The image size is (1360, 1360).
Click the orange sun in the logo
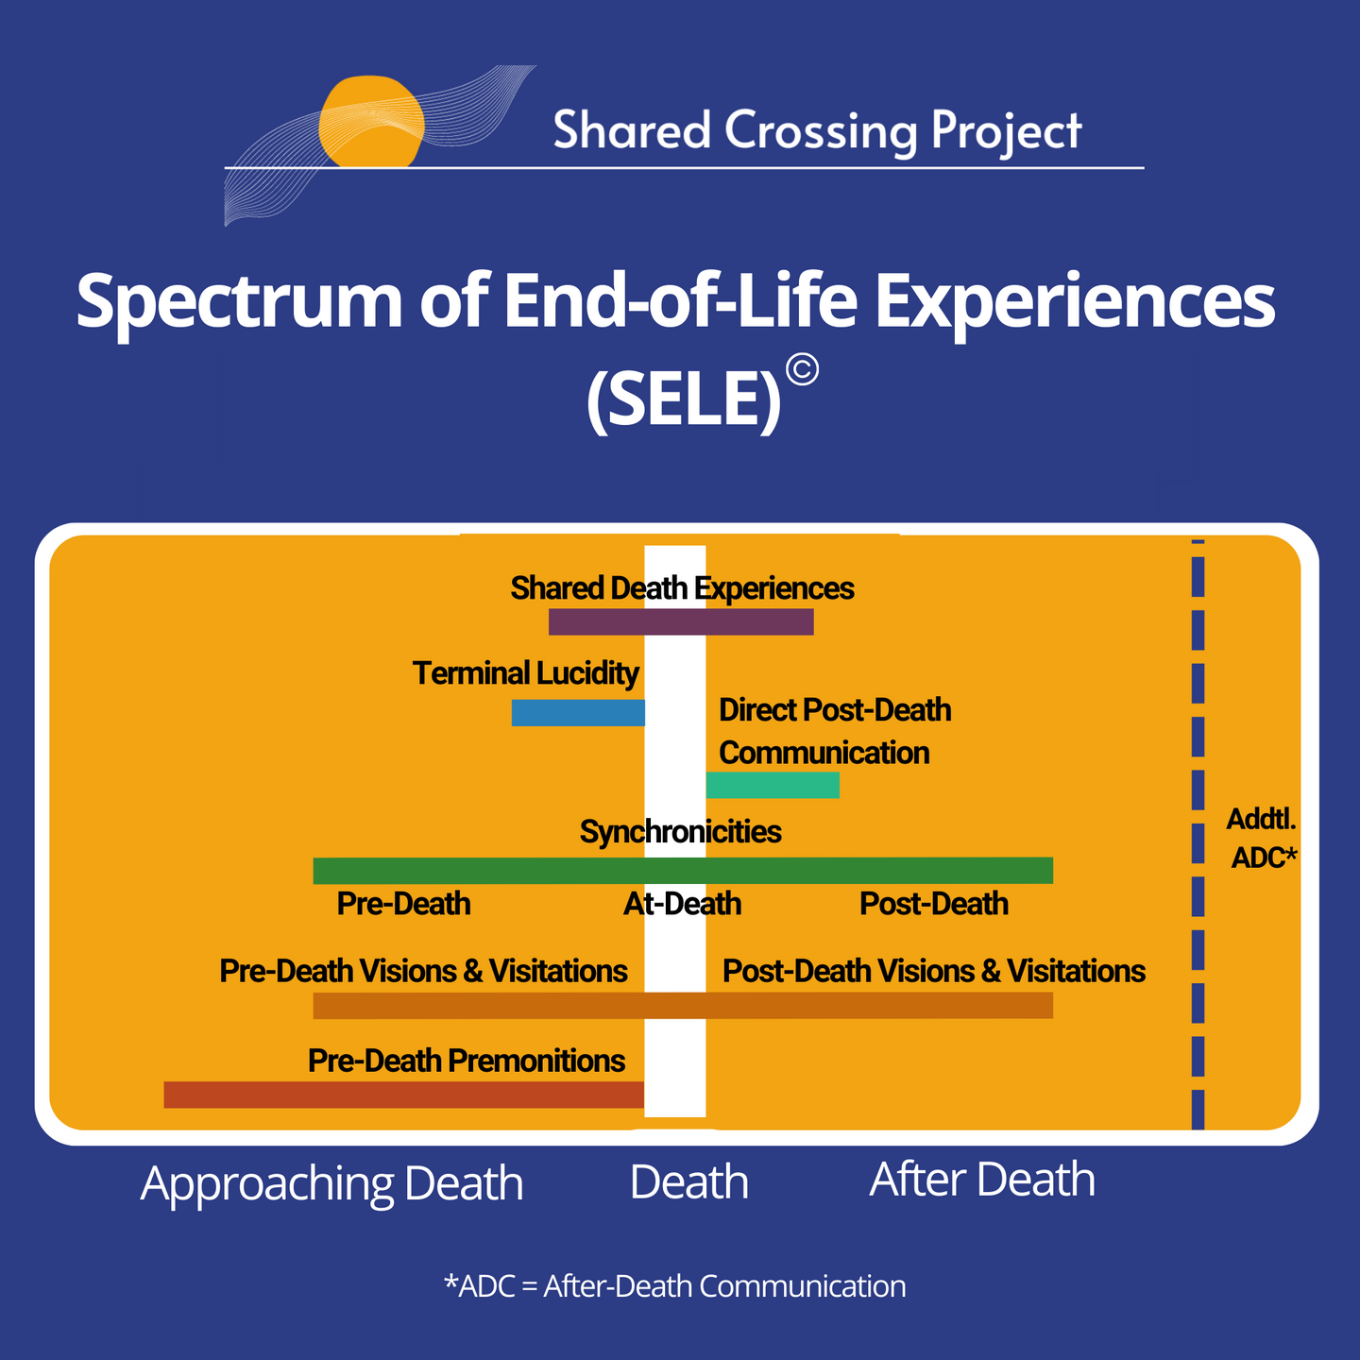371,122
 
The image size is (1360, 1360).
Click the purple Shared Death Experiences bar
681,621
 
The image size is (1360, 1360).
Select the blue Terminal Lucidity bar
578,713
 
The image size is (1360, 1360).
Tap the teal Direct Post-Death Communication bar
773,785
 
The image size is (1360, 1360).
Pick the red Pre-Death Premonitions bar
403,1095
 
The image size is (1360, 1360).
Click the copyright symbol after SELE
803,370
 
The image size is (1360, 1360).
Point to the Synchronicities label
680,831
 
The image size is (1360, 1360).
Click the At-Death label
682,904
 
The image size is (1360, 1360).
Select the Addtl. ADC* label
1263,839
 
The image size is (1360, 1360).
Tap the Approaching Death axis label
331,1183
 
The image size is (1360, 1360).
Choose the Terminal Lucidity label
526,673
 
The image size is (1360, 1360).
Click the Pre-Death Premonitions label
467,1060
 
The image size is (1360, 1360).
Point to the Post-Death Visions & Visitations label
934,971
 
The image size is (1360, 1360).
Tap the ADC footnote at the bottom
674,1286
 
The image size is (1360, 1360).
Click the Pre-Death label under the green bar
403,904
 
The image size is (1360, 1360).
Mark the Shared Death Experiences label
683,588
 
